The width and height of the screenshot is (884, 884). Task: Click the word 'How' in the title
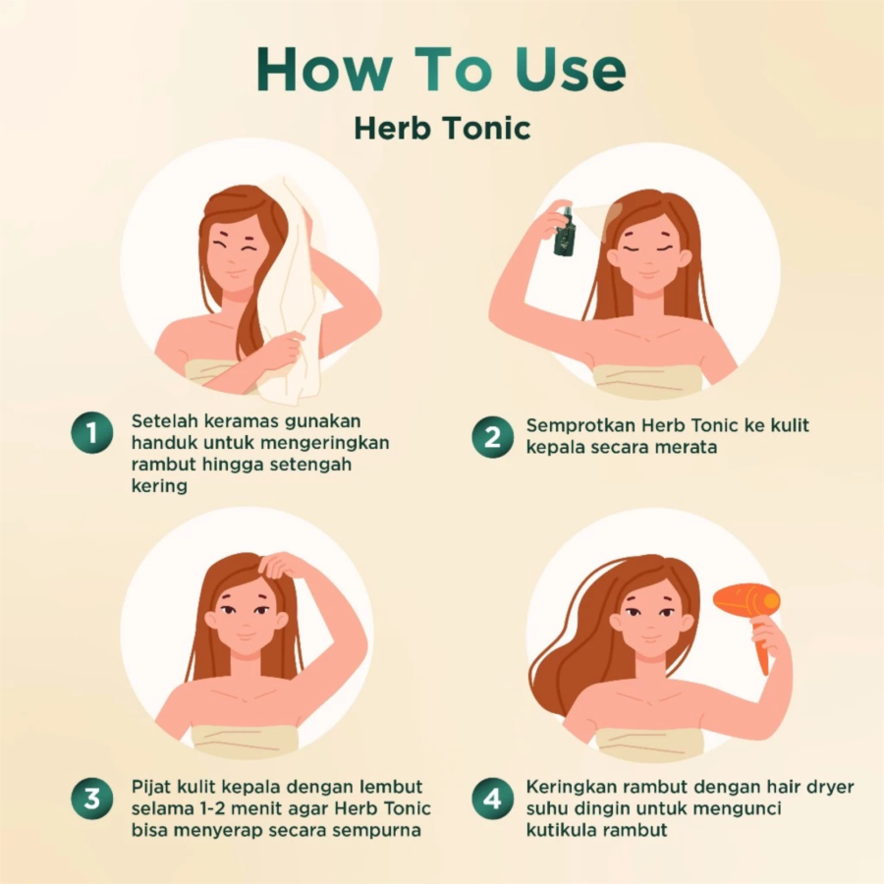(x=325, y=69)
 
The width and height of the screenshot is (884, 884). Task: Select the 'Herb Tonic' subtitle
(x=443, y=128)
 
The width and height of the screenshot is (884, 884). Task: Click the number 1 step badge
(x=92, y=432)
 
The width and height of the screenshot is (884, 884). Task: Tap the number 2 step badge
(x=493, y=437)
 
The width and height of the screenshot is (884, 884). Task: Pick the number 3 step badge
(x=92, y=799)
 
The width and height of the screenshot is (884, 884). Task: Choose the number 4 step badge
(x=493, y=799)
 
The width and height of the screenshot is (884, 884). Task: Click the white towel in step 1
(x=293, y=293)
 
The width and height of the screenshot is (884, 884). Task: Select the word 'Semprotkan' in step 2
(x=580, y=426)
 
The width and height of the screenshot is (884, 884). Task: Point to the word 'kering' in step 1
(x=159, y=486)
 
